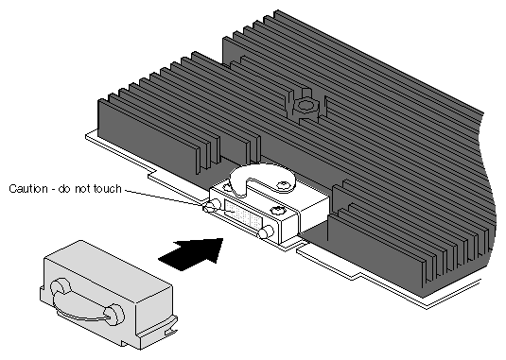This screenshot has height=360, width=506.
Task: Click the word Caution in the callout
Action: click(x=28, y=189)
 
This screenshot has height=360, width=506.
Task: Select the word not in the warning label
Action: click(x=82, y=189)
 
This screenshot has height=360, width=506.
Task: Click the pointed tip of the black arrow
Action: click(x=222, y=239)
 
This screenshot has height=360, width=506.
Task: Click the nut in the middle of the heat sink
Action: click(x=304, y=105)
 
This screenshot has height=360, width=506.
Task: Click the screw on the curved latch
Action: click(x=284, y=185)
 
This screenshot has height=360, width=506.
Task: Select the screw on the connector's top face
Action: click(x=277, y=211)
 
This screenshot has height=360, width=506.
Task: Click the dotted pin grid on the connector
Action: click(x=243, y=214)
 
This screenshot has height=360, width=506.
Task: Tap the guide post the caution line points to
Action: click(x=212, y=205)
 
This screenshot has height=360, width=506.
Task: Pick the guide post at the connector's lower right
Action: click(x=266, y=232)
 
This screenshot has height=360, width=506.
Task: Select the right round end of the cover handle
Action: click(x=114, y=315)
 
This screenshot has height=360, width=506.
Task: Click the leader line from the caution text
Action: click(x=166, y=197)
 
